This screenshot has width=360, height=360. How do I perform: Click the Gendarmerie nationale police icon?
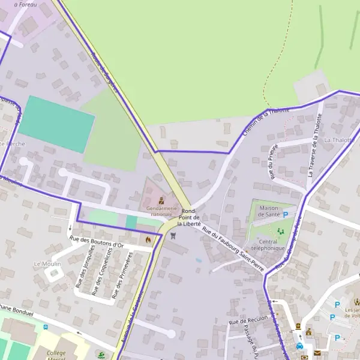pyautogui.click(x=161, y=200)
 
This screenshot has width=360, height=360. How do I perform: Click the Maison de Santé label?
pyautogui.click(x=269, y=211)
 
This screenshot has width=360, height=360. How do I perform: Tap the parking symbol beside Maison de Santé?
pyautogui.click(x=286, y=214)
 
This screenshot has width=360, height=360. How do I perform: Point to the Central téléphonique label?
pyautogui.click(x=268, y=245)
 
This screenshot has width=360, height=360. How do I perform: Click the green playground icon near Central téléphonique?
pyautogui.click(x=280, y=231)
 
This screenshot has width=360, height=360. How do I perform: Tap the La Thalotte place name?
pyautogui.click(x=339, y=140)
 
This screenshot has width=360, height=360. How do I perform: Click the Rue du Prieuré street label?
pyautogui.click(x=274, y=162)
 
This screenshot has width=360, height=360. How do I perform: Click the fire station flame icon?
pyautogui.click(x=148, y=239)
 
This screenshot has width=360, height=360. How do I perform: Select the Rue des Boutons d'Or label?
pyautogui.click(x=96, y=242)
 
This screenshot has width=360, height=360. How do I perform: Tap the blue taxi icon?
pyautogui.click(x=299, y=346)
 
